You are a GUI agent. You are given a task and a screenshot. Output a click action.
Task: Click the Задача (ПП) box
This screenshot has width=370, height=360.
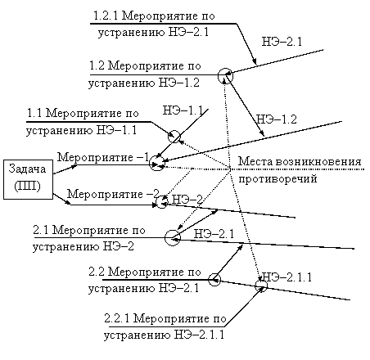tap(28, 179)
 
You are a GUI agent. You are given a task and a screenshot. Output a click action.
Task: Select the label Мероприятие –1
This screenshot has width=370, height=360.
tap(103, 157)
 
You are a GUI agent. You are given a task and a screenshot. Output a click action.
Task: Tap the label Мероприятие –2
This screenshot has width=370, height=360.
tap(113, 194)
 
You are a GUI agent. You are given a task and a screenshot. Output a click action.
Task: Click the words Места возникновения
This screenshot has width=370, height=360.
tap(300, 161)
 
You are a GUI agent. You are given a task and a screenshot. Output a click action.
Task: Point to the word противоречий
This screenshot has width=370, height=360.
tap(277, 179)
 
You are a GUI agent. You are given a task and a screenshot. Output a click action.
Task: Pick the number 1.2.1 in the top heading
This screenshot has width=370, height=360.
tap(106, 16)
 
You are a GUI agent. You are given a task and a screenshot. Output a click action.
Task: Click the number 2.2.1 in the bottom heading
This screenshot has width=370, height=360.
tap(117, 318)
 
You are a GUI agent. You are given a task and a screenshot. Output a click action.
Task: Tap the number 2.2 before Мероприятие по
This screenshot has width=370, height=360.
tap(97, 272)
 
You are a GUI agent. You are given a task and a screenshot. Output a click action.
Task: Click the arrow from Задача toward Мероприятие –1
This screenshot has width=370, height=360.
tap(65, 169)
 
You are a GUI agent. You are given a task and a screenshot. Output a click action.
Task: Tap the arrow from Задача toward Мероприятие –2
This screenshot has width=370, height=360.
tap(62, 199)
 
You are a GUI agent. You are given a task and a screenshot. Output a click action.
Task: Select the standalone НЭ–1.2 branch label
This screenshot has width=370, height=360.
tap(277, 119)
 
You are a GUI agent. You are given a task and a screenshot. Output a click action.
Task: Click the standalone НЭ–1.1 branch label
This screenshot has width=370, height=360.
tap(183, 110)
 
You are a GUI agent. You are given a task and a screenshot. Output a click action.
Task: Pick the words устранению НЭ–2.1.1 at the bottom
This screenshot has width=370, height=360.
tap(164, 335)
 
